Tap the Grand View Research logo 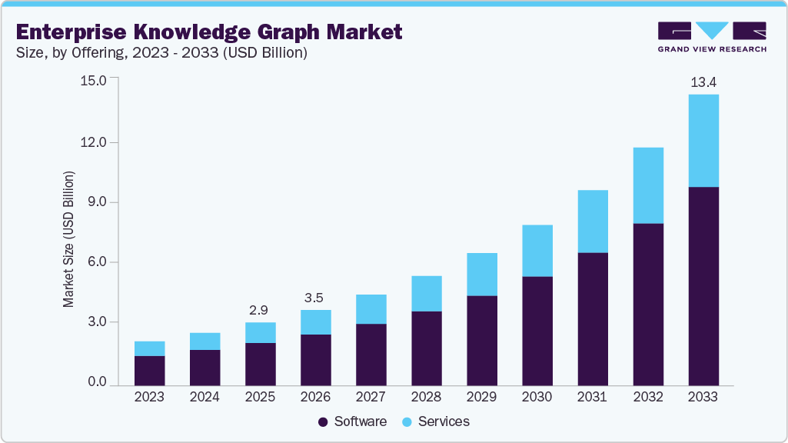click(712, 37)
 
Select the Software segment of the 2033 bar click(703, 285)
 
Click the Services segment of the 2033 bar click(703, 141)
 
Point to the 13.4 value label click(703, 82)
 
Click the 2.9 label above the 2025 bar click(260, 310)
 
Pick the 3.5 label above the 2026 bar click(315, 298)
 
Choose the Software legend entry click(352, 421)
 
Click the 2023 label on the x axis click(149, 398)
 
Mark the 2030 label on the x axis click(537, 398)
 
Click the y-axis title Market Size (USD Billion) click(69, 240)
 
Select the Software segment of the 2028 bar click(426, 348)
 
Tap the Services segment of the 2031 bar click(592, 221)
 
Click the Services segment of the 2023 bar click(149, 348)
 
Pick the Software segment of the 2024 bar click(204, 367)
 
